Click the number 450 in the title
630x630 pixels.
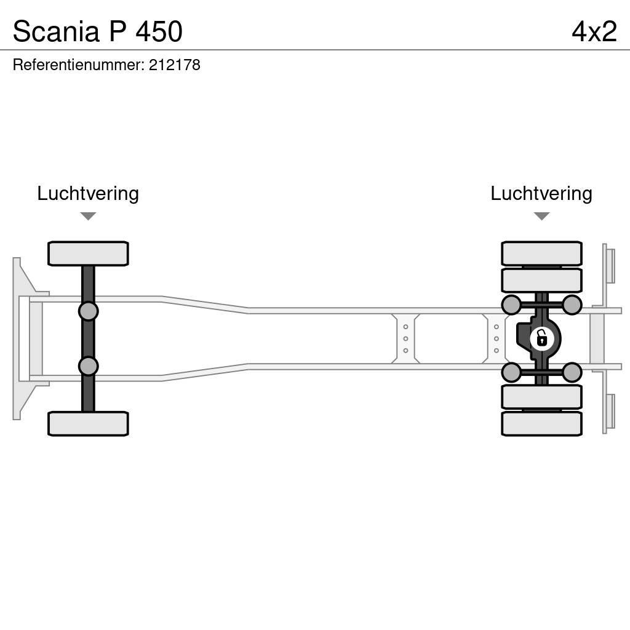tap(159, 31)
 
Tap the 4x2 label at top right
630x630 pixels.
tap(594, 31)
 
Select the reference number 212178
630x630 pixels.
tap(174, 65)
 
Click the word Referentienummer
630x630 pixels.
tap(78, 65)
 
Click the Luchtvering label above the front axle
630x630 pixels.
tap(88, 193)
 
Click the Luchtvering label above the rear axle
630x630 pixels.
tap(541, 193)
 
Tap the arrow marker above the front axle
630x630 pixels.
tap(88, 216)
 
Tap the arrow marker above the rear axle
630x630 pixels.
tap(541, 216)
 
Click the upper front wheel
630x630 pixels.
tap(88, 253)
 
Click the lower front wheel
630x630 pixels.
tap(88, 423)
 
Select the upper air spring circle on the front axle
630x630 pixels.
tap(88, 311)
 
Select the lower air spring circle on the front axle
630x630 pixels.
tap(88, 366)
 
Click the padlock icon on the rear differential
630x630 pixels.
tap(541, 338)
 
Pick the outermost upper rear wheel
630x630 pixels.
tap(541, 253)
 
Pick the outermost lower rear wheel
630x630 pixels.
tap(541, 423)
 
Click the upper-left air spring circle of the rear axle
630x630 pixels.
tap(511, 305)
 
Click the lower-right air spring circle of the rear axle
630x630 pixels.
tap(572, 372)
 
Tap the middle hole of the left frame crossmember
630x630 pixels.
tap(405, 338)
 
